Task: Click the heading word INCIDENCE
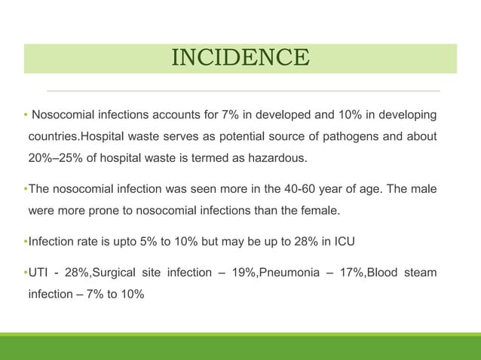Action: click(240, 58)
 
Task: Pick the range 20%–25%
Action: click(57, 157)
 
